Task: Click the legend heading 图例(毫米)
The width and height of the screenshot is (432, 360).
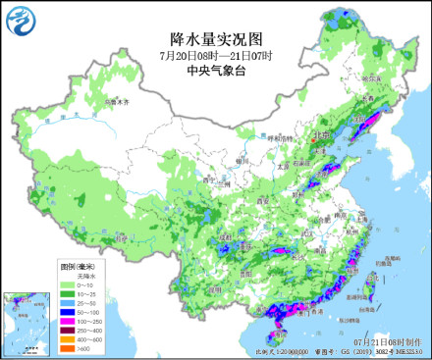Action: click(x=77, y=267)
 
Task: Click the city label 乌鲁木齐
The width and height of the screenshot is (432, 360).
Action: click(x=117, y=102)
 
